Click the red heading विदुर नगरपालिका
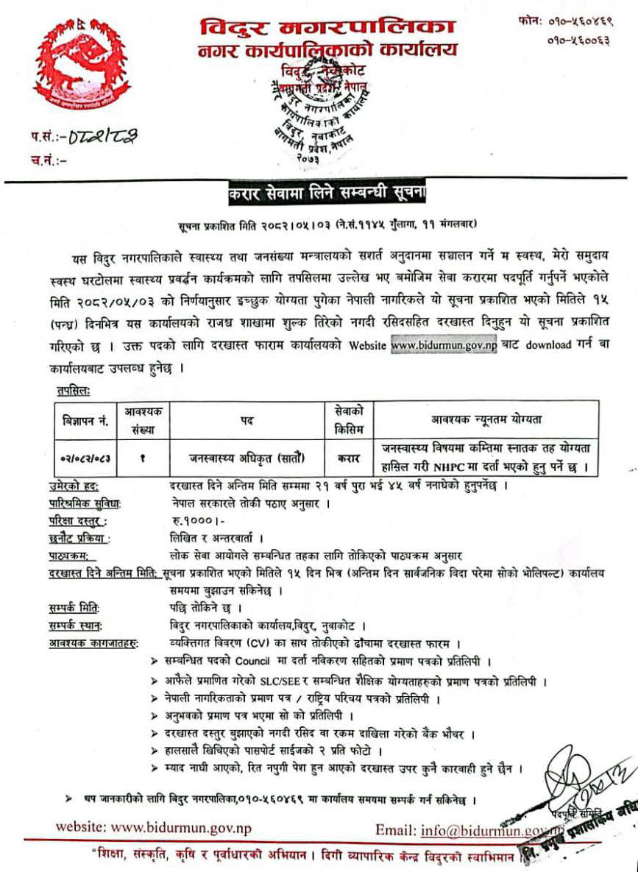point(327,28)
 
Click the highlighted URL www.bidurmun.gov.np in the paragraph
point(444,345)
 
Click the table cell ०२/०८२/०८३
point(85,457)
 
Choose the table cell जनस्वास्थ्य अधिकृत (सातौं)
point(247,457)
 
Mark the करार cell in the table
point(348,457)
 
